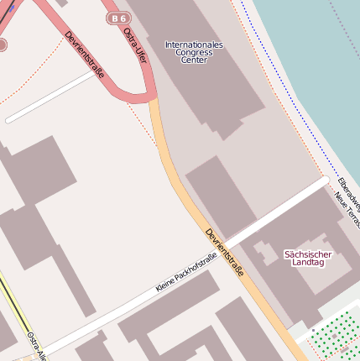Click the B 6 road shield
(119, 18)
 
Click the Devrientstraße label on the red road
(85, 55)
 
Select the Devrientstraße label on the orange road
(225, 253)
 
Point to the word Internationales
(194, 44)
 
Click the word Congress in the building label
(194, 53)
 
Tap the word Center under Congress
(194, 60)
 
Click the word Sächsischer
(308, 254)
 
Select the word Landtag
(308, 263)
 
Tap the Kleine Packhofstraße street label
(186, 272)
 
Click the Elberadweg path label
(347, 193)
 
